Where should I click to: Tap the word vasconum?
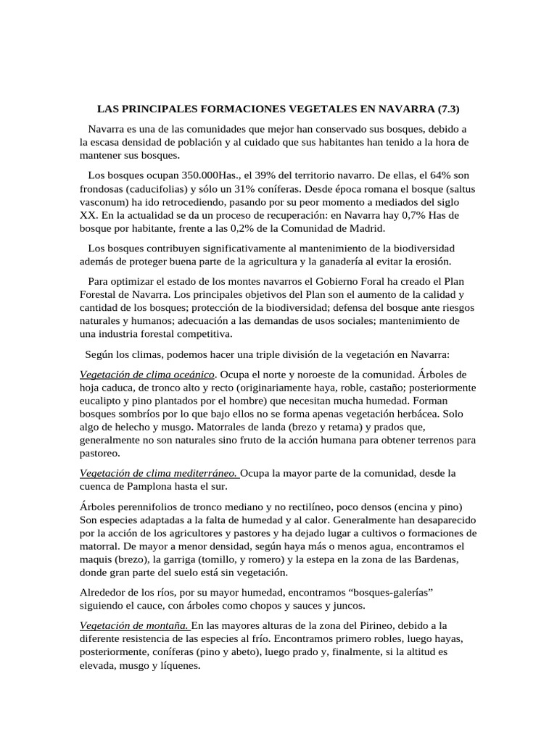104,202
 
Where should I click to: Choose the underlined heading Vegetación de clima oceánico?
147,375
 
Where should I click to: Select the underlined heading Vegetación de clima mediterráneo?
158,474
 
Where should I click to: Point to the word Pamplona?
153,487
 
